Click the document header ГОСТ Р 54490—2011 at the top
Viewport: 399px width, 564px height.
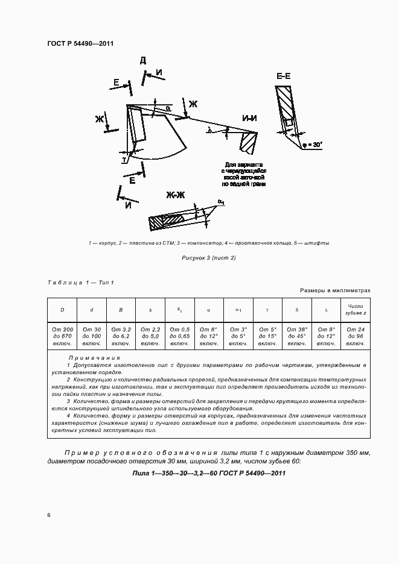click(80, 43)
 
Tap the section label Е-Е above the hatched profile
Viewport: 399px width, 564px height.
click(284, 76)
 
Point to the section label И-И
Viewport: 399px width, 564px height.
click(249, 118)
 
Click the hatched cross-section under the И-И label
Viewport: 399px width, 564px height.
click(248, 142)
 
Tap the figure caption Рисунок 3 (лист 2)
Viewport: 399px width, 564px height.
click(208, 258)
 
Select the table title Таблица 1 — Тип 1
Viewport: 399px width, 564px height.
click(80, 283)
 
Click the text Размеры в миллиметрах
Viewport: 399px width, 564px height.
click(335, 290)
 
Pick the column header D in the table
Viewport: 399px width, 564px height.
click(62, 310)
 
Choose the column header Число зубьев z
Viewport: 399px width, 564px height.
click(355, 310)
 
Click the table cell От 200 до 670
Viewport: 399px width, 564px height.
click(62, 336)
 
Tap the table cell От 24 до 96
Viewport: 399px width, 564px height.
click(355, 336)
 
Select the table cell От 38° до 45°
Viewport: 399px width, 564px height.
click(296, 336)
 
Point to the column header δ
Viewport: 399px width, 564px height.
click(296, 310)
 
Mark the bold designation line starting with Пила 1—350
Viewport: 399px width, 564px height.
click(208, 473)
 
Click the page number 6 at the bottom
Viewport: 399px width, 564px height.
click(49, 515)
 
